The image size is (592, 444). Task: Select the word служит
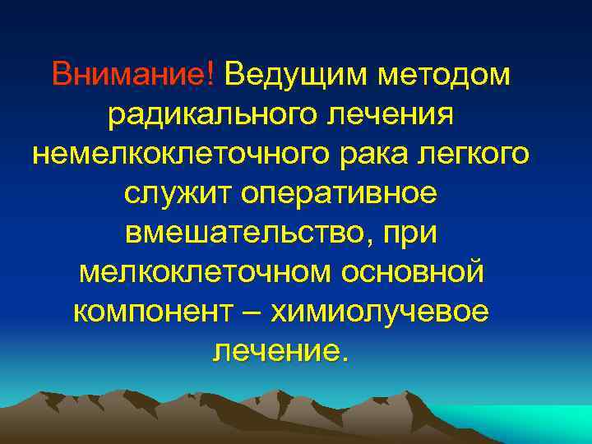coord(177,194)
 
